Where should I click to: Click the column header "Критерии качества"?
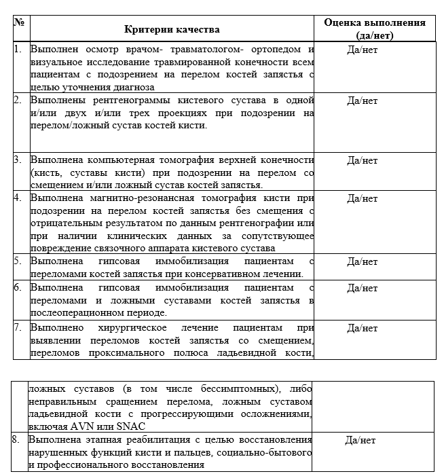172,30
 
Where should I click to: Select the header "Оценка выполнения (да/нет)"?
375,29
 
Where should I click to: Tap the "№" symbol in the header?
19,22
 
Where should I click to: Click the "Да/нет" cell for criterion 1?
362,50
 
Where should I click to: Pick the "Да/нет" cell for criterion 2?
362,100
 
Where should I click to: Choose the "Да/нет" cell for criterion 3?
362,160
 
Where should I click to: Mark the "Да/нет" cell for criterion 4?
362,198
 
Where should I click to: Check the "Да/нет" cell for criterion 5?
362,261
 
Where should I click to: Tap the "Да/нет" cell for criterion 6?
362,288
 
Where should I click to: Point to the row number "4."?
18,198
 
